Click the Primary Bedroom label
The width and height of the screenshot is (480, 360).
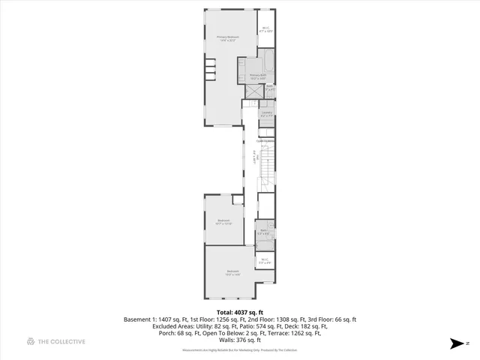[x=227, y=38]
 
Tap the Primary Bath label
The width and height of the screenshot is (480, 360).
[x=257, y=76]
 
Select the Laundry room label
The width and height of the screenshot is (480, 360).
[x=266, y=115]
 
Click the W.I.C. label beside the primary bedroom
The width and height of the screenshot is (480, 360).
[x=265, y=31]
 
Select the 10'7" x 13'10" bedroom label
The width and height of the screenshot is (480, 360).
[x=223, y=222]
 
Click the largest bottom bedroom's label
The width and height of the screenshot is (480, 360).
[x=232, y=273]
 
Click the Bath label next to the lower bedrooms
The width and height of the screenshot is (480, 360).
[x=264, y=232]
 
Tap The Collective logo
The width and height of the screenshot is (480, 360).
[x=56, y=341]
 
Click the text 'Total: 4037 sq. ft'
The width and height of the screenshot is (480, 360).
[x=240, y=312]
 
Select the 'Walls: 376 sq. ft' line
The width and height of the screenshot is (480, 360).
[x=240, y=340]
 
